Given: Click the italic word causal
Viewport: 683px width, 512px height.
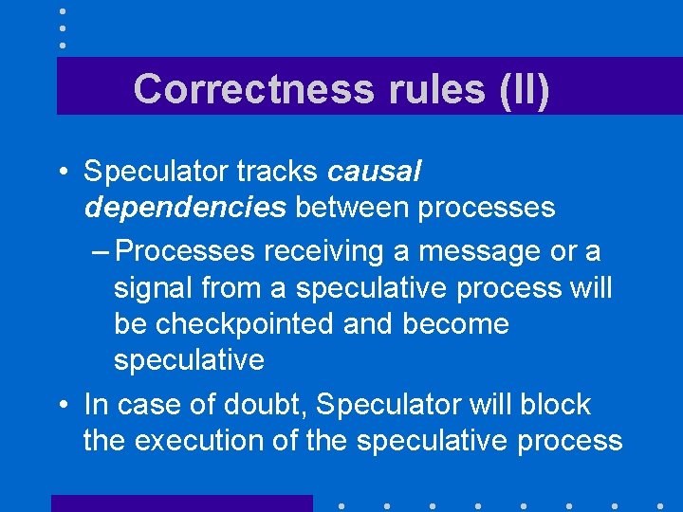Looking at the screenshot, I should pos(374,172).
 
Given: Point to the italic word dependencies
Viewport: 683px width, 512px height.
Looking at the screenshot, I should pos(184,207).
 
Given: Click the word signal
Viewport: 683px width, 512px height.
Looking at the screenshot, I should pos(154,287).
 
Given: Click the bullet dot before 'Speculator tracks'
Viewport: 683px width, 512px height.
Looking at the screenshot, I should pos(62,173).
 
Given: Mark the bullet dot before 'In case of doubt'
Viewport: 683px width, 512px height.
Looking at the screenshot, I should pos(62,406).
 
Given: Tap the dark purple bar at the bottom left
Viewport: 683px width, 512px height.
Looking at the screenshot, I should pos(181,503).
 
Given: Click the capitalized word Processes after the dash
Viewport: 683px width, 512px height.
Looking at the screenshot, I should pos(187,251).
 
